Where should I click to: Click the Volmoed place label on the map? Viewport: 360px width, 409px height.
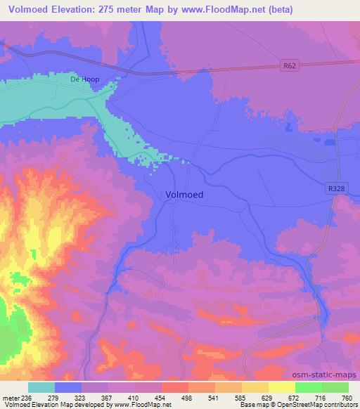pos(185,197)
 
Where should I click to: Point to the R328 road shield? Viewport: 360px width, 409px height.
pos(335,188)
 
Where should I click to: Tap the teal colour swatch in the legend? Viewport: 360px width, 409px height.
pos(41,387)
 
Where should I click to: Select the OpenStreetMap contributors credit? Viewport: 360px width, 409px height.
pos(316,405)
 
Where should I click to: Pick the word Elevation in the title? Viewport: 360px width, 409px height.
pos(79,10)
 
